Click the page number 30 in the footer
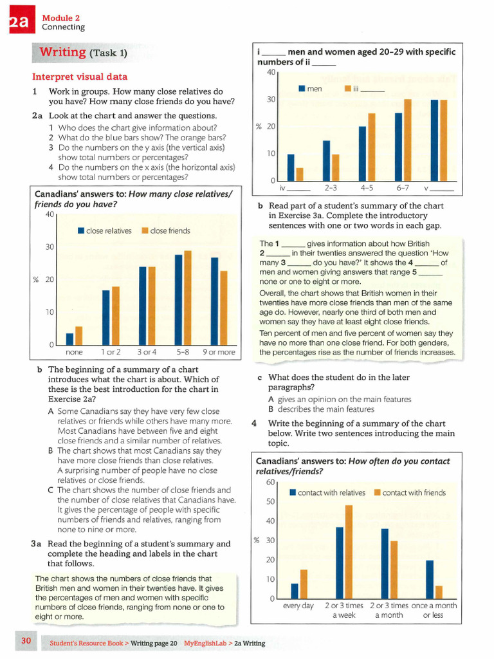coord(26,641)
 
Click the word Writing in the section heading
coord(63,51)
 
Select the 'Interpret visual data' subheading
coord(80,77)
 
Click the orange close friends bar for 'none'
coord(79,336)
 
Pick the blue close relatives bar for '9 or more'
coord(215,301)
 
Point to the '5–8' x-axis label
coord(183,353)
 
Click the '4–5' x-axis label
coord(367,189)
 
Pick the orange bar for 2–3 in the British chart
coord(335,168)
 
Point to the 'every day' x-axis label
coord(298,606)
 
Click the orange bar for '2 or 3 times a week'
coord(349,552)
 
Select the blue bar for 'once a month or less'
coord(430,579)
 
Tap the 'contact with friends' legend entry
coord(413,493)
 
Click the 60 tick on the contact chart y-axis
coord(270,482)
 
